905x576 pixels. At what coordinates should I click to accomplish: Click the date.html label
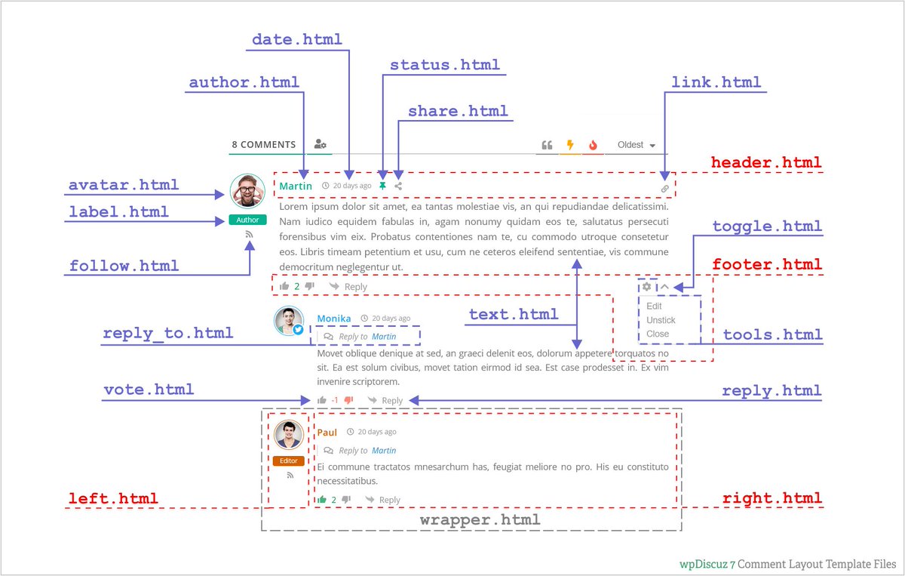[296, 39]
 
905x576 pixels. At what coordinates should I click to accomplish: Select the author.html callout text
[244, 82]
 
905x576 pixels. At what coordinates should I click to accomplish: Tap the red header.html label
[766, 163]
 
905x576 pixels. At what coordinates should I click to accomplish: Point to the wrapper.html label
[480, 520]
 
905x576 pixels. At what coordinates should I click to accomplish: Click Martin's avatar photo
[247, 191]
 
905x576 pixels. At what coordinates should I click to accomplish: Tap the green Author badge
[247, 220]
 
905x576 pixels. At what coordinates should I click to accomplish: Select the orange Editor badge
[289, 461]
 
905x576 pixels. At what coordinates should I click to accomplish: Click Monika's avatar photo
[288, 321]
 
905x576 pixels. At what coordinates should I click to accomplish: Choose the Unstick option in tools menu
[661, 320]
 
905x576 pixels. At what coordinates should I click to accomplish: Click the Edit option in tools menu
[654, 306]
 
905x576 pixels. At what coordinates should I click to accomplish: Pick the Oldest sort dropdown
[636, 145]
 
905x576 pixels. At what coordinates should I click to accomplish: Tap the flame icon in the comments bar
[593, 145]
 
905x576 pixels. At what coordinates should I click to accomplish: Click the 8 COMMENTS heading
[263, 144]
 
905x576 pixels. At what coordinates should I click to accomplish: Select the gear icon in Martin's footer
[646, 287]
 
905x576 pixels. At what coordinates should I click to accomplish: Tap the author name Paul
[327, 433]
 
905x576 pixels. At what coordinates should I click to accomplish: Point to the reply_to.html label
[167, 333]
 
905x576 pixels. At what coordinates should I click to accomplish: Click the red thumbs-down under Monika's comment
[348, 400]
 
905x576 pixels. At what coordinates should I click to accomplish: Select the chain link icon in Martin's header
[665, 189]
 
